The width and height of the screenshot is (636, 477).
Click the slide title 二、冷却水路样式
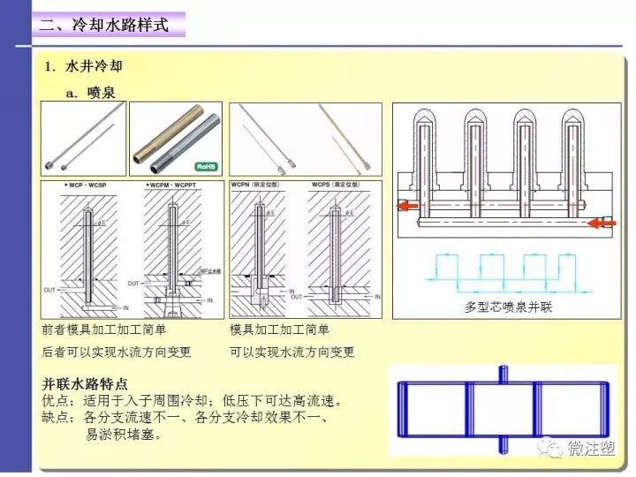(x=104, y=25)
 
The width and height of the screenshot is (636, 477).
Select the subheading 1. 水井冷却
(x=91, y=67)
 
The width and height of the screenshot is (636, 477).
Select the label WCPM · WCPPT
(x=173, y=186)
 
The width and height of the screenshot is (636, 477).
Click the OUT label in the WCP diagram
(x=50, y=290)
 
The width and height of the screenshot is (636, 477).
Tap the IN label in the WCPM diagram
(x=209, y=300)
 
